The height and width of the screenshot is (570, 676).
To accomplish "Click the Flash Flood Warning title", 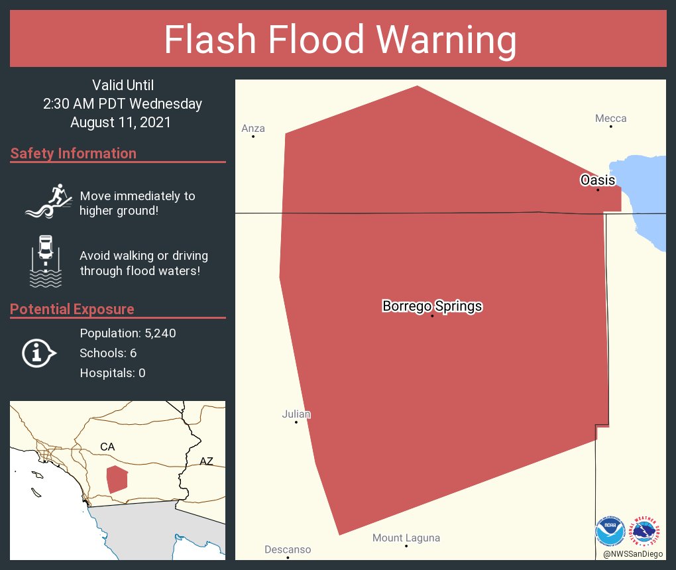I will pyautogui.click(x=340, y=40).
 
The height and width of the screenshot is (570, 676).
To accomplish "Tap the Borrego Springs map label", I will pyautogui.click(x=432, y=306).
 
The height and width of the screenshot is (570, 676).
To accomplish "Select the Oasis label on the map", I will pyautogui.click(x=598, y=180).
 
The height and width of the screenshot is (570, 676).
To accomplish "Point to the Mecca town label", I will pyautogui.click(x=610, y=119).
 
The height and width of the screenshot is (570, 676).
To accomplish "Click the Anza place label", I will pyautogui.click(x=253, y=129).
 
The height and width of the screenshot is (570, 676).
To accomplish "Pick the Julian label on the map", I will pyautogui.click(x=296, y=414).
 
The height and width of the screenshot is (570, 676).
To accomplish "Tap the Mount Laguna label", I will pyautogui.click(x=406, y=538).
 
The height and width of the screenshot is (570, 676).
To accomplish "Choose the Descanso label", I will pyautogui.click(x=288, y=549).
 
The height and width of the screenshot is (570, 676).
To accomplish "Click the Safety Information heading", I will pyautogui.click(x=74, y=154).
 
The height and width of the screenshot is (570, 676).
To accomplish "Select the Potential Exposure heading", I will pyautogui.click(x=72, y=309).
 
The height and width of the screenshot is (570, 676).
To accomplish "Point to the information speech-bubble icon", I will pyautogui.click(x=39, y=353).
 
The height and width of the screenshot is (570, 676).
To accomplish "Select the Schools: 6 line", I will pyautogui.click(x=108, y=353).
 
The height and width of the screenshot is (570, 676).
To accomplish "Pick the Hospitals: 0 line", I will pyautogui.click(x=113, y=373).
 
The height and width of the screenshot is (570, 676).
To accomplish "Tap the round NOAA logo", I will pyautogui.click(x=610, y=532).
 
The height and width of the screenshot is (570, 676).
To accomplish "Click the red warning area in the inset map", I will pyautogui.click(x=117, y=479).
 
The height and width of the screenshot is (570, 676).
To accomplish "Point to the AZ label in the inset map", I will pyautogui.click(x=206, y=461).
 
